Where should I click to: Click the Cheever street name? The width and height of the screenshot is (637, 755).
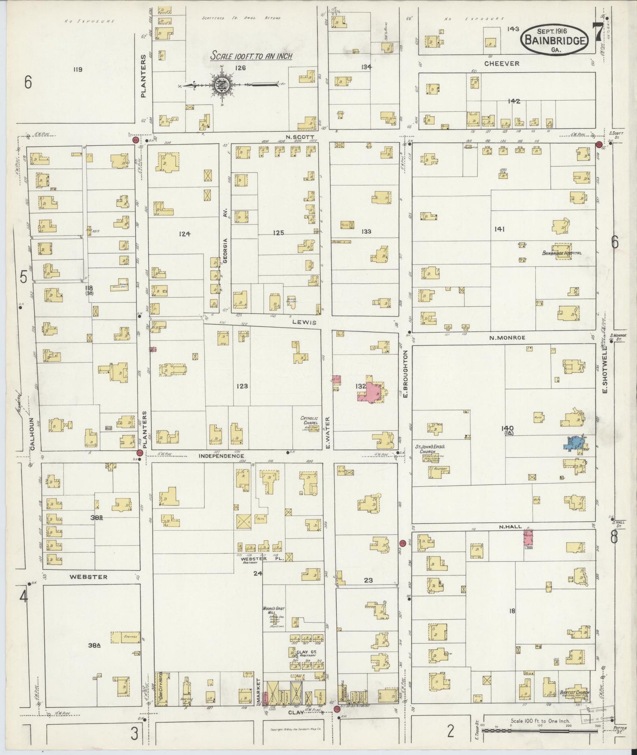(x=502, y=63)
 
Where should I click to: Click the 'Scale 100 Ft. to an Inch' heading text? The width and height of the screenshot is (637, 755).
(x=251, y=56)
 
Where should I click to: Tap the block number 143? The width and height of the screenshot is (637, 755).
(x=513, y=29)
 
